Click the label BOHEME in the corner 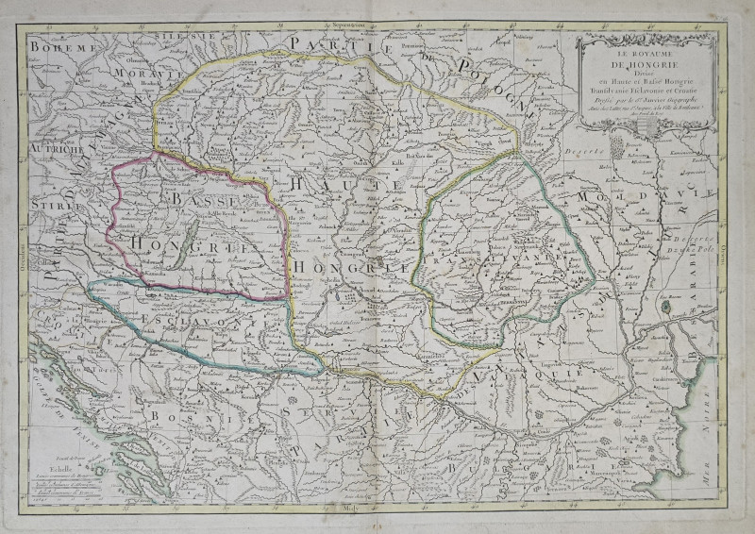pos(64,46)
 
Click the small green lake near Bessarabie pos(668,308)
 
